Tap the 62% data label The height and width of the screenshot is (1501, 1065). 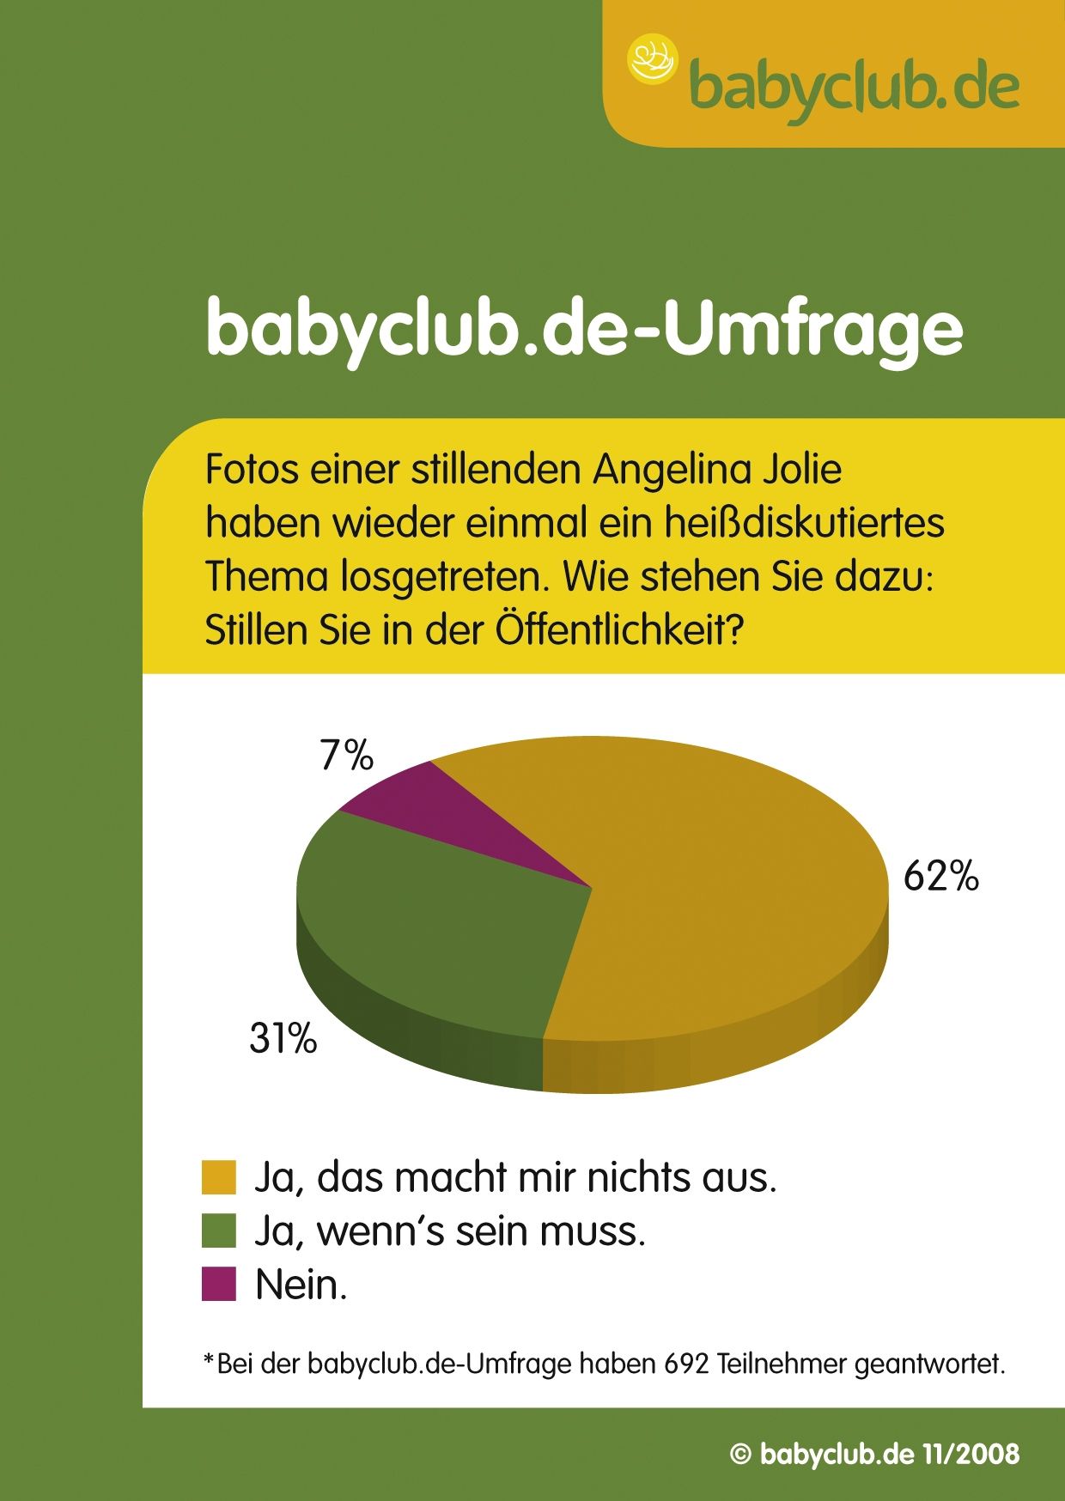coord(940,877)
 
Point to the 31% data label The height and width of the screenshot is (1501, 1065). coord(283,1038)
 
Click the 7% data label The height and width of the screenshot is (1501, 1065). coord(346,756)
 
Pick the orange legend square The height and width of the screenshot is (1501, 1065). coord(218,1177)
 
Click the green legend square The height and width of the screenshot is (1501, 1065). coord(218,1231)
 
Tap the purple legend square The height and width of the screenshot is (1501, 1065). coord(218,1284)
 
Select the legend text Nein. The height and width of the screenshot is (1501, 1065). coord(301,1285)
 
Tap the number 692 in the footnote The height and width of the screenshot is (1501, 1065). coord(686,1364)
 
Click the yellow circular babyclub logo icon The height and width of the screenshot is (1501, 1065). coord(653,60)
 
